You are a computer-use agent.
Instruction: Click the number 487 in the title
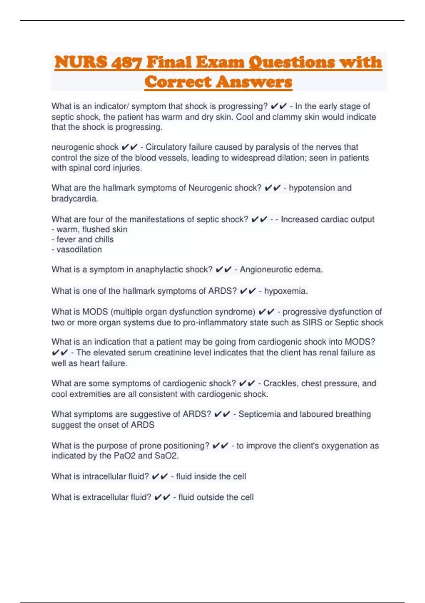tap(126, 62)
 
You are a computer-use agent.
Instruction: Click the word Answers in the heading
tap(254, 82)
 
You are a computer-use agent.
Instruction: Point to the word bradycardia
tap(74, 199)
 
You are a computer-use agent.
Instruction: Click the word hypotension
tap(311, 188)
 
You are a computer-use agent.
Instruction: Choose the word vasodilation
tap(79, 250)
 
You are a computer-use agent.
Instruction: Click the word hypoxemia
tap(285, 291)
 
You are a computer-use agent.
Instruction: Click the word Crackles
tap(280, 383)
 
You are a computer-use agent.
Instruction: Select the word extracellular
tap(107, 497)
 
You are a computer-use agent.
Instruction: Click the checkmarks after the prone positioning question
tap(220, 446)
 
